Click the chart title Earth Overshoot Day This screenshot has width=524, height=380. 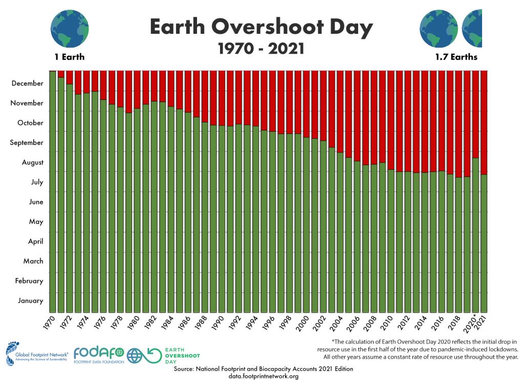tap(261, 27)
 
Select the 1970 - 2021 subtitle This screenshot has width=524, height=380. tap(261, 49)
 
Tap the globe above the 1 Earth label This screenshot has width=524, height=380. tap(69, 28)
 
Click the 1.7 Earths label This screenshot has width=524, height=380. tap(456, 57)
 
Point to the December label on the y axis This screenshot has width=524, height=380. tap(27, 83)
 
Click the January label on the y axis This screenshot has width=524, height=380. tap(30, 301)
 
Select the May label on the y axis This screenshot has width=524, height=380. tap(36, 221)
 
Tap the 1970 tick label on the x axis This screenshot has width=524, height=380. tap(49, 321)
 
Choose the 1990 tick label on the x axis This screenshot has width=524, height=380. tap(218, 321)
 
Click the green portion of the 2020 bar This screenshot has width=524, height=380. tap(475, 236)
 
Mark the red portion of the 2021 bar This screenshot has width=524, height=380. tap(484, 123)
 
